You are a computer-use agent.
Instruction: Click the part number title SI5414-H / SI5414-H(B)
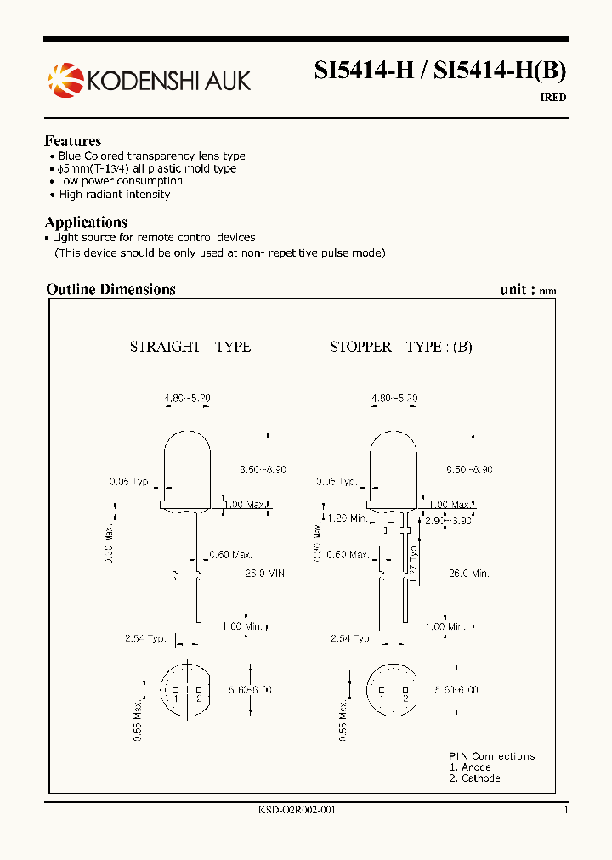(x=439, y=71)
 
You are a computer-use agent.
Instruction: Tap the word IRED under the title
(x=552, y=98)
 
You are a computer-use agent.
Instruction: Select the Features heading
(x=73, y=141)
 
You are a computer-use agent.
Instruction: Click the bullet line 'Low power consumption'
(x=120, y=181)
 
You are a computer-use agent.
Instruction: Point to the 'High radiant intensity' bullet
(x=114, y=195)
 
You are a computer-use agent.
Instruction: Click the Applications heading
(x=86, y=223)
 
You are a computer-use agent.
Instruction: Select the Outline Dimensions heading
(x=110, y=289)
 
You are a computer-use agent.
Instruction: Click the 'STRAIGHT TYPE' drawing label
(x=190, y=347)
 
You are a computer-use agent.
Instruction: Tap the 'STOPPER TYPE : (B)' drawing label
(x=400, y=347)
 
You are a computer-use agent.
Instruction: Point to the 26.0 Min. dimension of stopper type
(x=468, y=574)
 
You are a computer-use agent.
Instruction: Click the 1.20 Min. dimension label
(x=348, y=518)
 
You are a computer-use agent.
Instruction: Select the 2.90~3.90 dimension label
(x=448, y=520)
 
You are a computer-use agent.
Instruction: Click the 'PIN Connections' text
(x=491, y=756)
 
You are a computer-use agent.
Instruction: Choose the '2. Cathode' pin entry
(x=474, y=778)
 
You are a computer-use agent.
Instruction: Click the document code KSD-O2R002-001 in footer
(x=297, y=811)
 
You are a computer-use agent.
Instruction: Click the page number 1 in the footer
(x=565, y=811)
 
